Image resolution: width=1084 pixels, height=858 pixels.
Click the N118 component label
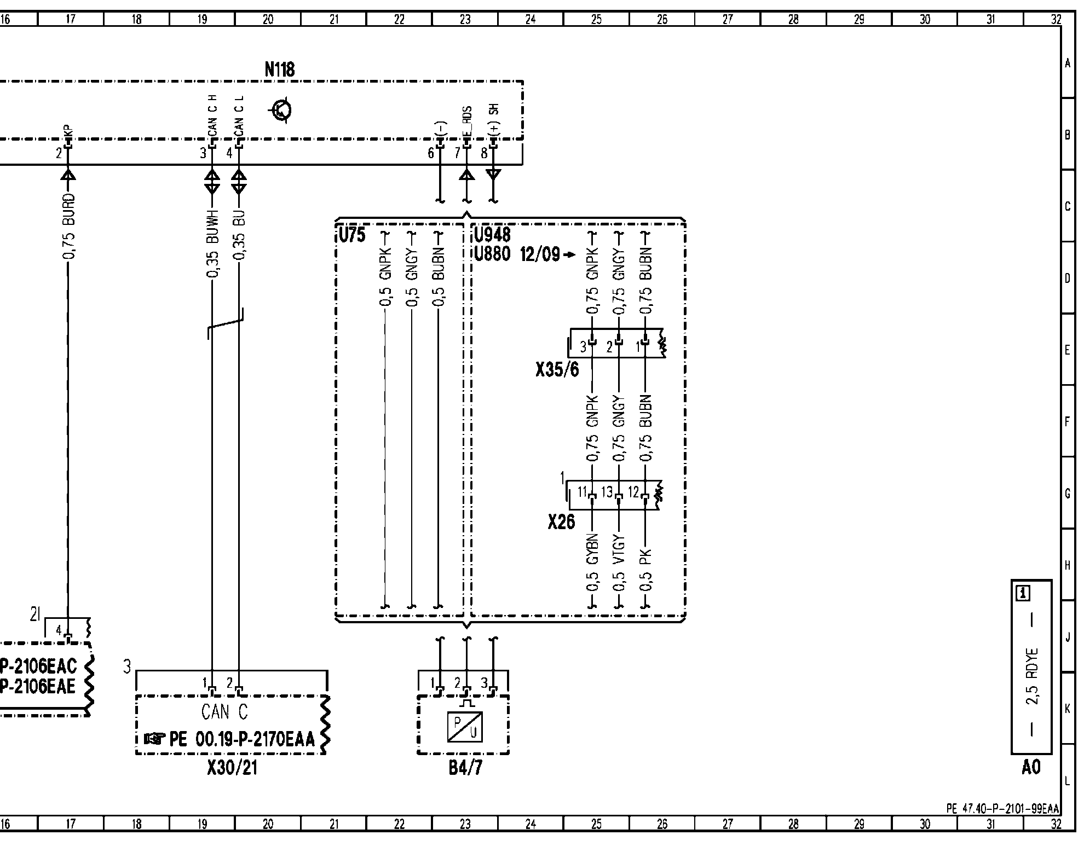[280, 69]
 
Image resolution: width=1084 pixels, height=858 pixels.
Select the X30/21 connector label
[232, 768]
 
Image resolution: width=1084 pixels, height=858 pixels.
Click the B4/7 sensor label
[465, 768]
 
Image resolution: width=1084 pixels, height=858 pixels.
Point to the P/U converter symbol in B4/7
[464, 727]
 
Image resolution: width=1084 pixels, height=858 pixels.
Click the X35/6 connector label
[557, 370]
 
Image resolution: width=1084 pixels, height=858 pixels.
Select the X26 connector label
[561, 523]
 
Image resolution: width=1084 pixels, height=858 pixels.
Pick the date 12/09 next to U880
[541, 255]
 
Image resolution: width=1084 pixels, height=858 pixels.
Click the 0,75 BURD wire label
[68, 226]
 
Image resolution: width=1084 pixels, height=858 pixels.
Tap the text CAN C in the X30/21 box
[224, 712]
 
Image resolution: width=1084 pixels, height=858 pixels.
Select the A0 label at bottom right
[1030, 768]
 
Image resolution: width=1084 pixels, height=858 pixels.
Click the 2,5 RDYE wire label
[1032, 676]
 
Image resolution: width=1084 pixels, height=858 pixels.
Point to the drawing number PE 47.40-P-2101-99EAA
[1002, 809]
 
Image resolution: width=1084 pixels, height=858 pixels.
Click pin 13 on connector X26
[607, 492]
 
